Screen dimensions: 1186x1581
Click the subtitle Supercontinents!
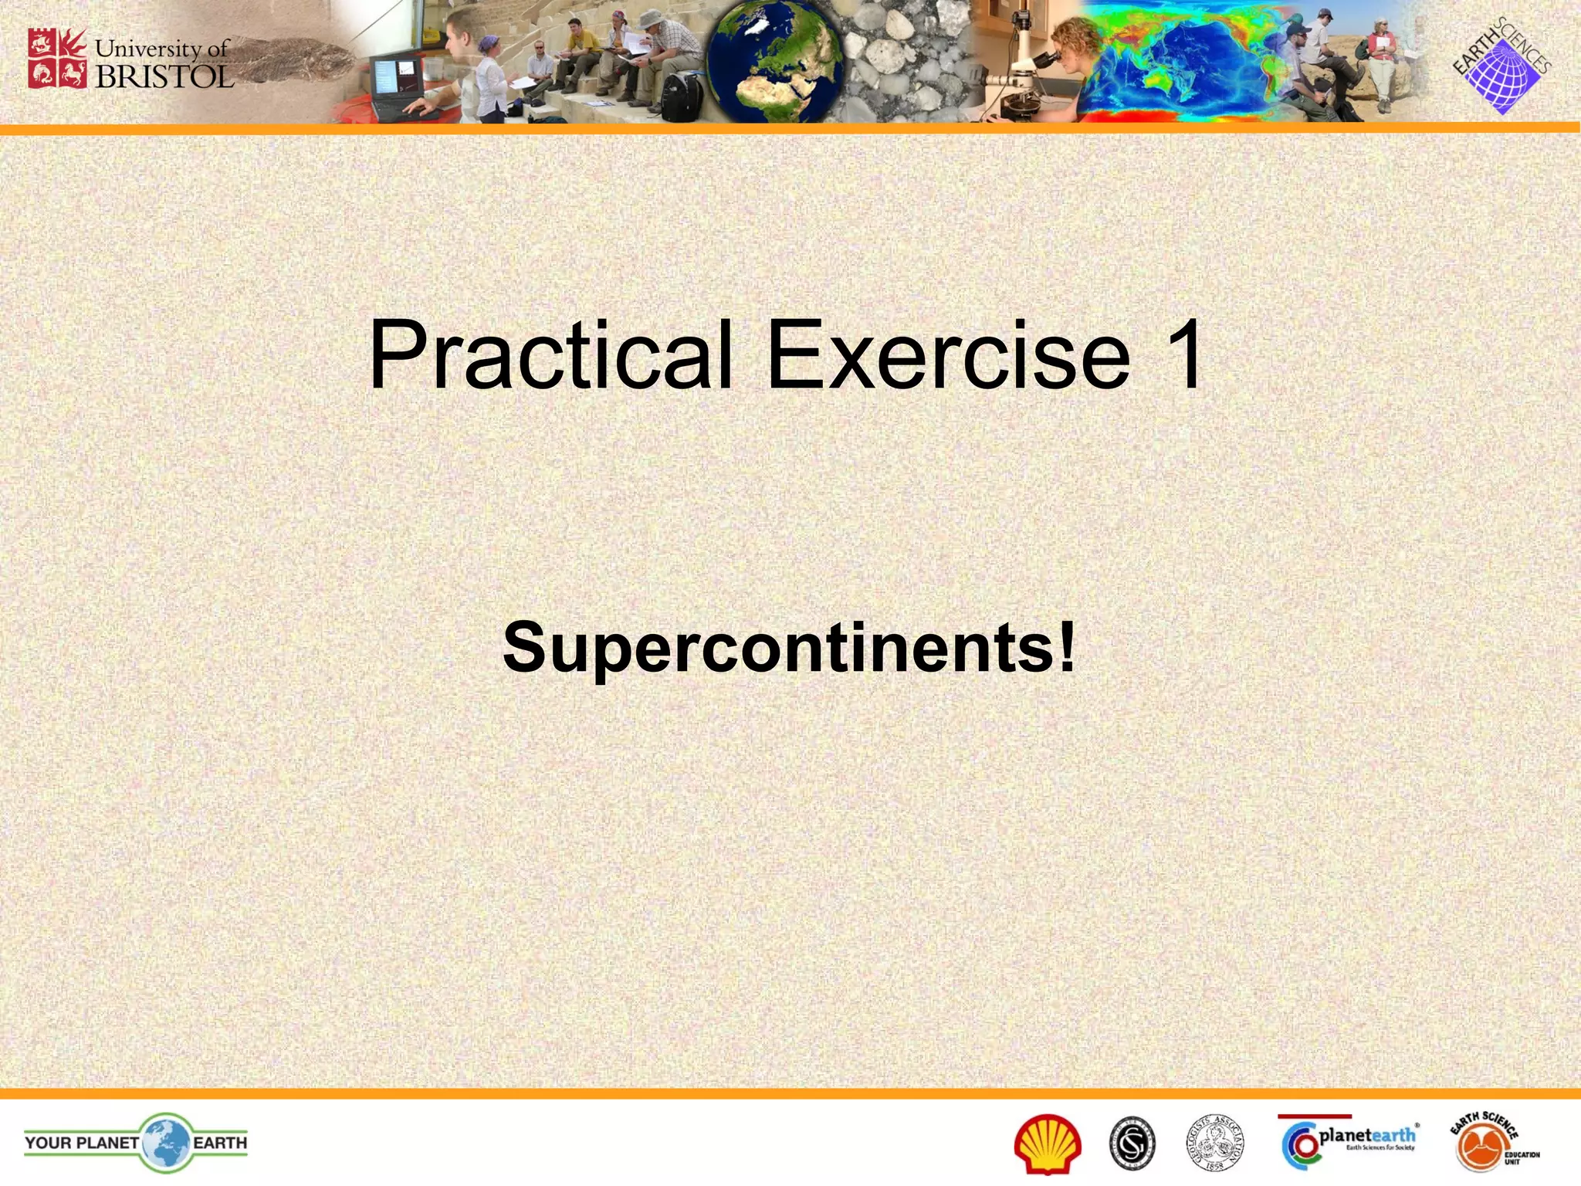789,647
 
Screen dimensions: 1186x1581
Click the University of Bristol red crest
57,59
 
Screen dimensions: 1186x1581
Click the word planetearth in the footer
1367,1135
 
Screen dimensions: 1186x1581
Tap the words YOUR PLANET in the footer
82,1142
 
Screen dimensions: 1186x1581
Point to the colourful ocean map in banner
1181,62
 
